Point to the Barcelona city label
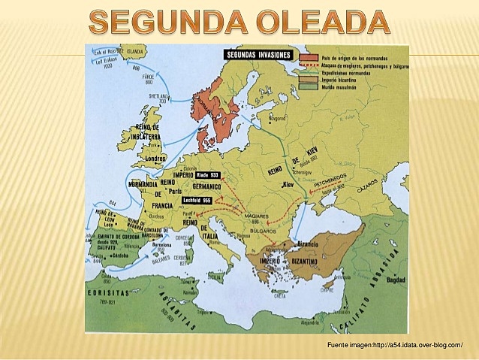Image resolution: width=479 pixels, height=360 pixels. [x=161, y=244]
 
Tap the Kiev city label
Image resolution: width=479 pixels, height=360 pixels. [x=288, y=183]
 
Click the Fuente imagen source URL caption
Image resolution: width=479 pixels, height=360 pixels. [x=394, y=343]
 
